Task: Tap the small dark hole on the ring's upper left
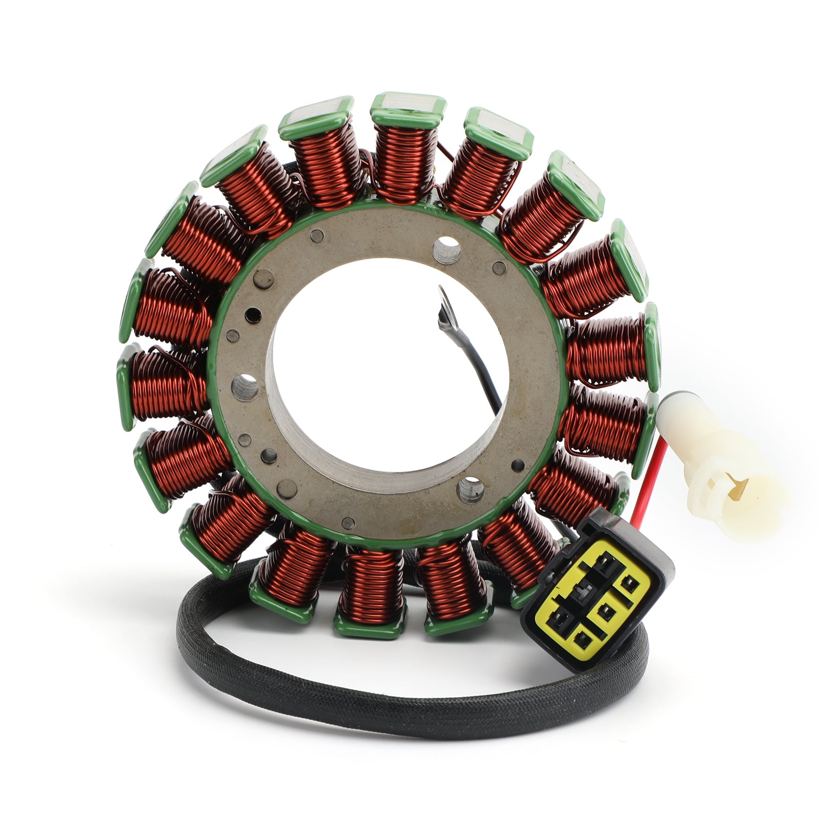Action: pos(251,313)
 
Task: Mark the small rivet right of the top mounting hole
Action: pos(497,267)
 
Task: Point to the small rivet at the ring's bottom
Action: pos(349,522)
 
